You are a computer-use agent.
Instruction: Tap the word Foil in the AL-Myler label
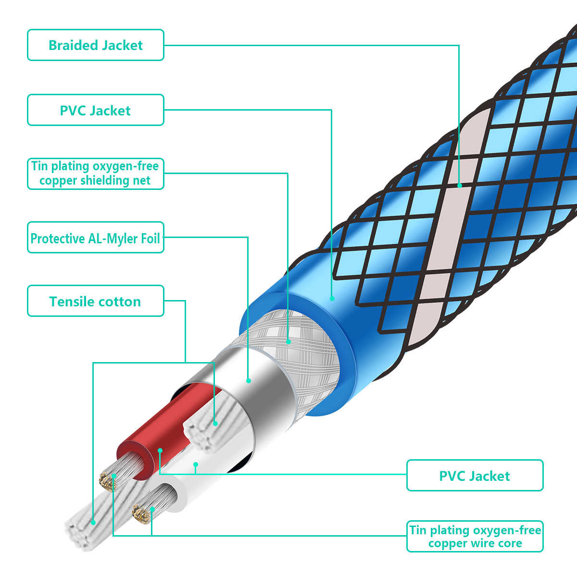(x=150, y=238)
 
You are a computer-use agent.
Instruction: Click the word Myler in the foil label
(x=118, y=238)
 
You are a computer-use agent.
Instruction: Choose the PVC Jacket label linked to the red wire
(x=475, y=476)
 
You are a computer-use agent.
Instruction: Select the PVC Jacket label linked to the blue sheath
(x=95, y=111)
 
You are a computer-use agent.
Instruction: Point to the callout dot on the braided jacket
(x=460, y=185)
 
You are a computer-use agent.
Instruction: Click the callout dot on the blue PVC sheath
(x=332, y=299)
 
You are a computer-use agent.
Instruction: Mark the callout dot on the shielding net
(x=288, y=342)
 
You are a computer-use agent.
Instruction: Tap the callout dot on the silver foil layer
(x=249, y=381)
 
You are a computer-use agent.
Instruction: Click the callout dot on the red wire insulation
(x=160, y=451)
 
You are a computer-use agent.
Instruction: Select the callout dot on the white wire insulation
(x=196, y=464)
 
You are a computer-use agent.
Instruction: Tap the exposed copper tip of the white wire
(x=141, y=514)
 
